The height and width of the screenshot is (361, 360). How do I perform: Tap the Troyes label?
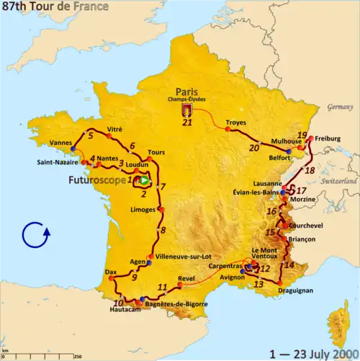236,122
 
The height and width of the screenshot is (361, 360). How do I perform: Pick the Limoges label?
144,210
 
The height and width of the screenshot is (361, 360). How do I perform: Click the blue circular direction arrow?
35,235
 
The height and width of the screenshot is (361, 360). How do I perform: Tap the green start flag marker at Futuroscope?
144,180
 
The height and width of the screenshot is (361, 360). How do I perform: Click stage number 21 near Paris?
188,122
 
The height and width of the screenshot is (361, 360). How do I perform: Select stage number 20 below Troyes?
253,148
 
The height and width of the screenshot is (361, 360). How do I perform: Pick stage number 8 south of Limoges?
163,231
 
